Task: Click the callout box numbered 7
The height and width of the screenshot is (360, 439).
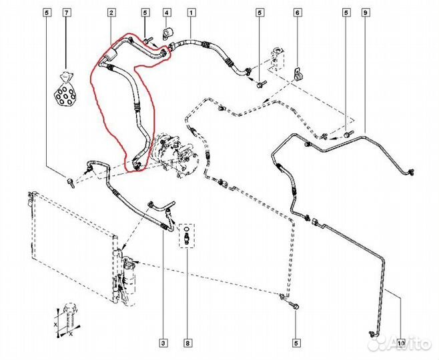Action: (66, 13)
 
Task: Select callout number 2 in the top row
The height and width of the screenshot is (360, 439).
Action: (111, 13)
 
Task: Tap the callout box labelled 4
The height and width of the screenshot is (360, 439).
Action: (167, 13)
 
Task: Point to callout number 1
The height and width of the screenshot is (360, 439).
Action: (191, 13)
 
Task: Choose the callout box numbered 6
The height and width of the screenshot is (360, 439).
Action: (298, 13)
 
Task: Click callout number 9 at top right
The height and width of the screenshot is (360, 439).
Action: (366, 13)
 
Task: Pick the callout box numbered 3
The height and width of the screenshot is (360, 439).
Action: (163, 344)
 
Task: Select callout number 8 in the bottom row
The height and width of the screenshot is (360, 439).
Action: (187, 344)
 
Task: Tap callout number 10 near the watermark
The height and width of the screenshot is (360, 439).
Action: (400, 344)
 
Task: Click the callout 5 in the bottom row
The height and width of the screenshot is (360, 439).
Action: (296, 344)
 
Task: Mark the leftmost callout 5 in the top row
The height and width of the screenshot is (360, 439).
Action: (47, 13)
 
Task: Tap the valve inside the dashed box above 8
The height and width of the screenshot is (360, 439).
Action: (187, 237)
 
